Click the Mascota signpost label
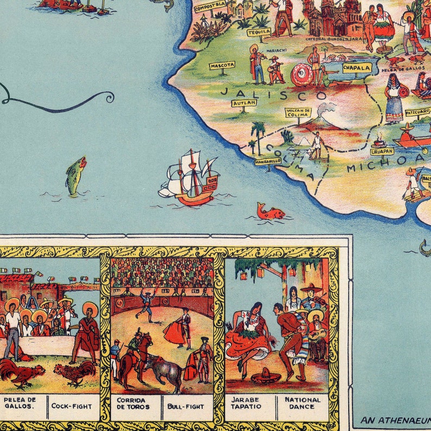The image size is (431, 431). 222,65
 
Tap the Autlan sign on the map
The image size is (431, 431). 244,103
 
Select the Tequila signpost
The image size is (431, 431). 259,32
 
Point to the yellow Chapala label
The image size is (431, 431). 357,68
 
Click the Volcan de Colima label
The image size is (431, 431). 298,113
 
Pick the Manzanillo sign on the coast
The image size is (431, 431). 268,161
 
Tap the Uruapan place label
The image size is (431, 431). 382,151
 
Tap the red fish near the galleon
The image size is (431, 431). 270,211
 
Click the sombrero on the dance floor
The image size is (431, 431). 267,376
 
